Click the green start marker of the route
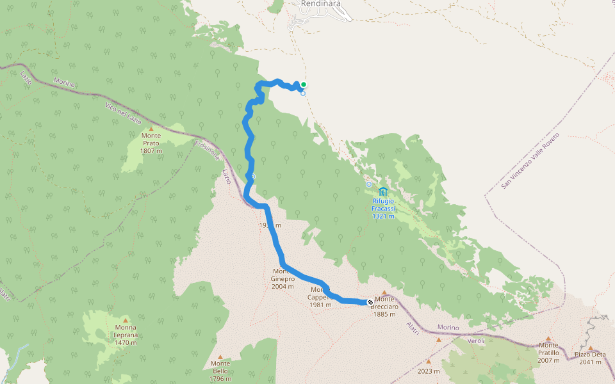point(304,84)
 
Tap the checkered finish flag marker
point(370,301)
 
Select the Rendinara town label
point(321,4)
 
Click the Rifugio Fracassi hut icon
point(383,191)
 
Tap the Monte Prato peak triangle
point(151,129)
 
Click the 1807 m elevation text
point(151,151)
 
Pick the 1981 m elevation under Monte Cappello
point(320,305)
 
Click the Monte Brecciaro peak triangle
point(384,292)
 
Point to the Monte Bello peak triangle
point(220,356)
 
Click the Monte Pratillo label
point(548,353)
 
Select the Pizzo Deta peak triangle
point(591,348)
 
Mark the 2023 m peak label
point(429,371)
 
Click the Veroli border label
point(475,340)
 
